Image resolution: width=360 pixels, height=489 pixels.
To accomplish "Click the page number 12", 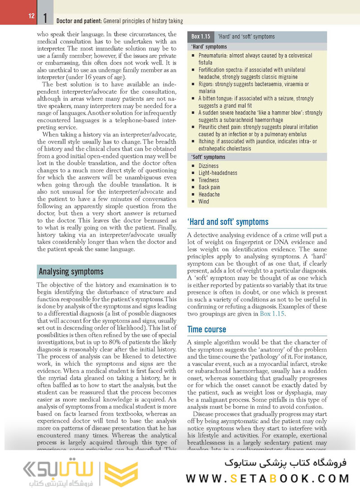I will pos(31,16).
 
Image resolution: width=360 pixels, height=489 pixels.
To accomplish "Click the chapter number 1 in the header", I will pos(45,19).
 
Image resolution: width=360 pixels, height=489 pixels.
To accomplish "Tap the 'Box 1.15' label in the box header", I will pos(201,37).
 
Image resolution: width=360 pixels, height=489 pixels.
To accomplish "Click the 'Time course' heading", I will pos(206,330).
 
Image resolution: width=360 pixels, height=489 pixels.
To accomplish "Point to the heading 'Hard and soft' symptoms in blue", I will pos(228,222).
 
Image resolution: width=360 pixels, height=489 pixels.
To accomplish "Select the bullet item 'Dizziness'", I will pos(208,166).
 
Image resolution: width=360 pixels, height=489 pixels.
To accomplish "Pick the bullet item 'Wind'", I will pos(204,201).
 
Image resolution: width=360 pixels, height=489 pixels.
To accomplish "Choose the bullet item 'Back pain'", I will pos(209,187).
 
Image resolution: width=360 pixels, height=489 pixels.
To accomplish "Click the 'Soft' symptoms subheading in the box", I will pos(208,157).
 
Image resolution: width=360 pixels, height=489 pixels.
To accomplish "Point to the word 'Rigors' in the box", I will pos(206,84).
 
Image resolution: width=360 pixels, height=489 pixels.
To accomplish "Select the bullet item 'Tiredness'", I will pos(208,180).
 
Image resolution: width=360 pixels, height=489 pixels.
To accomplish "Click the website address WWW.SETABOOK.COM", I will pos(268,478).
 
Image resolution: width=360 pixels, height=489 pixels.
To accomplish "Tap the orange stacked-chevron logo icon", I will pos(122,473).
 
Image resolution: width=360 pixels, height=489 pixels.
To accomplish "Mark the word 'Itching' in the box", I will pos(207,142).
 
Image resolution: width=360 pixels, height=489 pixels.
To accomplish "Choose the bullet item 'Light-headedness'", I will pos(218,173).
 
